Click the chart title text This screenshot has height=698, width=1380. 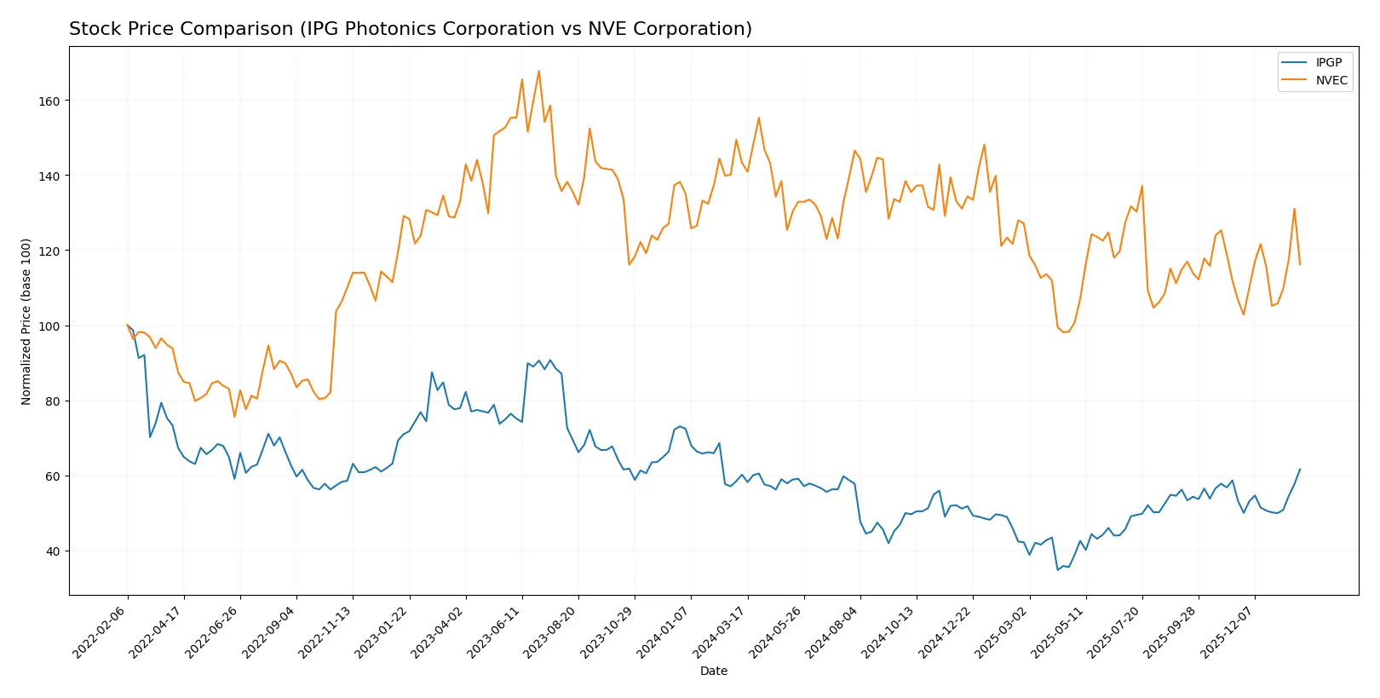410,29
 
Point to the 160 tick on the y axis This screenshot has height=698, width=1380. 49,101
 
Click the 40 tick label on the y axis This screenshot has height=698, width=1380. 52,551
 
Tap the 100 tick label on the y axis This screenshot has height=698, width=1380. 49,326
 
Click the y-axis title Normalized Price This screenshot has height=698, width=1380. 26,321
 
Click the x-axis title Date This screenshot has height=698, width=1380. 713,671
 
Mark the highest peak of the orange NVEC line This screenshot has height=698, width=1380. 538,71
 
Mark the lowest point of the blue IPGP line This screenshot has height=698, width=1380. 1057,569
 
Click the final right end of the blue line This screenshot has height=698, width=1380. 1300,469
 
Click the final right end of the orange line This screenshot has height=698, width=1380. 1300,264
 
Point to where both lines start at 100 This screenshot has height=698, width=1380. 128,326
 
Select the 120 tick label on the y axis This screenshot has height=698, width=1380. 49,251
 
